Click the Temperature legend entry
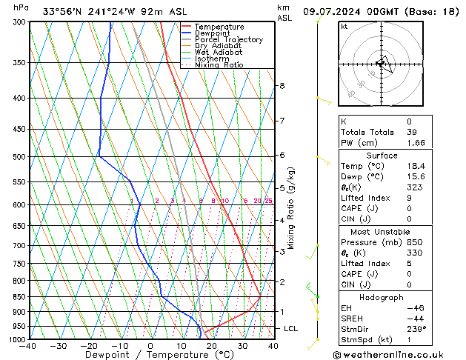[220, 27]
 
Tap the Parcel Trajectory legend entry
[228, 40]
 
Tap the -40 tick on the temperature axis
[28, 346]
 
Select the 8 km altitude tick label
[282, 86]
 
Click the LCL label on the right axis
[291, 328]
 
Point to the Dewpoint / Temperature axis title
[150, 355]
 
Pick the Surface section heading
[382, 156]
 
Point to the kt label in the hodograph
[344, 27]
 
